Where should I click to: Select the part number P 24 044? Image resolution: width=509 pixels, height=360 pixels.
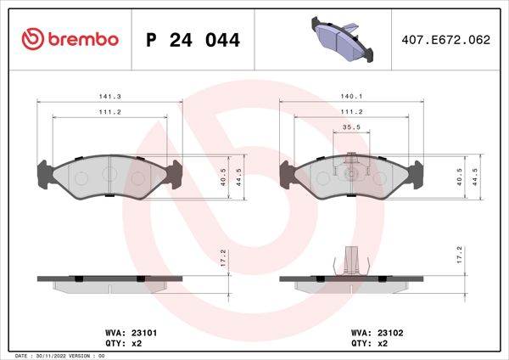coord(193,40)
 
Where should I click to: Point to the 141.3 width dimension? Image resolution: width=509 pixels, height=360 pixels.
coord(109,97)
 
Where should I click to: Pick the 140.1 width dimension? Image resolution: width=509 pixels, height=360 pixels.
coord(350,97)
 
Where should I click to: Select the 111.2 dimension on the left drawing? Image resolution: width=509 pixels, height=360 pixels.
coord(109,112)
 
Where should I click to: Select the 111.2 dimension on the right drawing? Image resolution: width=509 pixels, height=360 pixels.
coord(350,112)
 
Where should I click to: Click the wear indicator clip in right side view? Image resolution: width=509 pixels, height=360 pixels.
coord(350,260)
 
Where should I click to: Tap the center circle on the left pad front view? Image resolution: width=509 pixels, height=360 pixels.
coord(109,174)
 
